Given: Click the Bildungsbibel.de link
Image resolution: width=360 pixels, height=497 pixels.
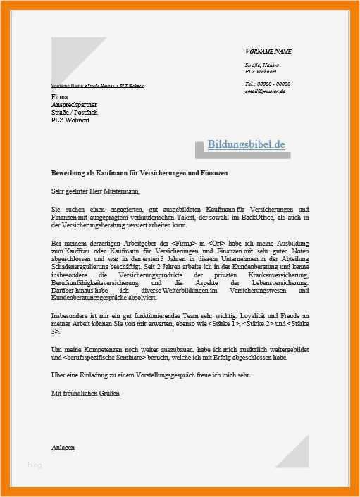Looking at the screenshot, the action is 246,145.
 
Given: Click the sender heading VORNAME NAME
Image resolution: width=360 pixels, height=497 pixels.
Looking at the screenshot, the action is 268,51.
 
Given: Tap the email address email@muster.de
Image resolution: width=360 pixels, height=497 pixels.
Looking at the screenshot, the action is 265,91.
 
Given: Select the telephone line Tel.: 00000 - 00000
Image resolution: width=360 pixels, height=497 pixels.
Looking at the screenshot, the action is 267,84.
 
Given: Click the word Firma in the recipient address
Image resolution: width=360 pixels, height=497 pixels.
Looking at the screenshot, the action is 61,96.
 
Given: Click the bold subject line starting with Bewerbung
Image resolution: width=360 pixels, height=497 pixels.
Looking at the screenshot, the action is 139,172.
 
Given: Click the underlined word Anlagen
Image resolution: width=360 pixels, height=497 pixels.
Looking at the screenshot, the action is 63,448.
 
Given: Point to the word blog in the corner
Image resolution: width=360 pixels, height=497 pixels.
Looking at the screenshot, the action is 35,465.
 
